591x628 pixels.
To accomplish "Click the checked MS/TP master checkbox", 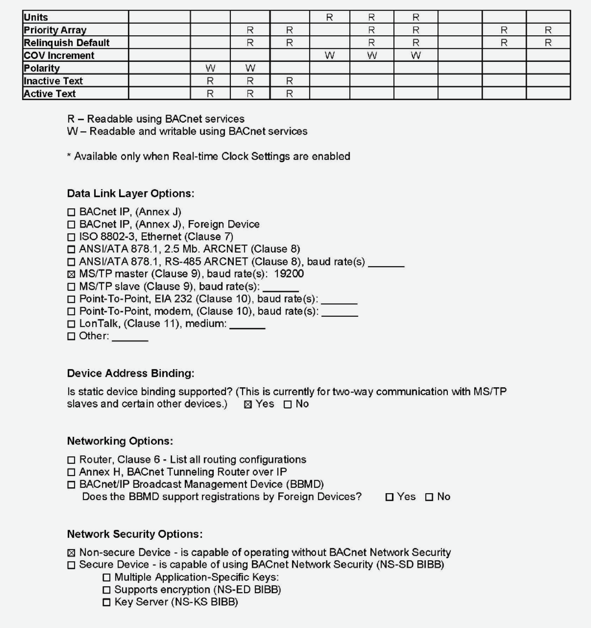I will (71, 274).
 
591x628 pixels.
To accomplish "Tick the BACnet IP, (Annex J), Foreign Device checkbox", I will (71, 225).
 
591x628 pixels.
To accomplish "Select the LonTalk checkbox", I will (71, 324).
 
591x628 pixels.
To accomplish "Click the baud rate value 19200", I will (289, 274).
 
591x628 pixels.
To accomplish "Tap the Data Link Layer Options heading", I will (131, 193).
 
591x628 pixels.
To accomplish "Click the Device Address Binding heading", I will (131, 373).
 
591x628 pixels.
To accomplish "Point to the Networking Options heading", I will (120, 441).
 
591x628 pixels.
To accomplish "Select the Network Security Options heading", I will (135, 534).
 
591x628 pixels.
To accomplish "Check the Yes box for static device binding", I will (248, 405).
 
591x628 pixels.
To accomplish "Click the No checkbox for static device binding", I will (288, 405).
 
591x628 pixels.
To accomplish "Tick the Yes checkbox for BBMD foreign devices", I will (390, 497).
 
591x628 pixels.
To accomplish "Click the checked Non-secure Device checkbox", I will (71, 553).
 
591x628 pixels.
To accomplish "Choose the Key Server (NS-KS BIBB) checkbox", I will (107, 602).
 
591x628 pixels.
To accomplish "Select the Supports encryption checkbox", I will (107, 590).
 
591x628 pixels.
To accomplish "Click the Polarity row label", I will (42, 68).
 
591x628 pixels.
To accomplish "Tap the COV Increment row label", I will (59, 55).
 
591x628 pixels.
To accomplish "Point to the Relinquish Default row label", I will (66, 43).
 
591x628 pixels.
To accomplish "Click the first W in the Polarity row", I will (210, 68).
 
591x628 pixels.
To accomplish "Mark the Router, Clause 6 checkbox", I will (71, 460).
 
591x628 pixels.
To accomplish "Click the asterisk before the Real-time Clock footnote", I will (69, 156).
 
